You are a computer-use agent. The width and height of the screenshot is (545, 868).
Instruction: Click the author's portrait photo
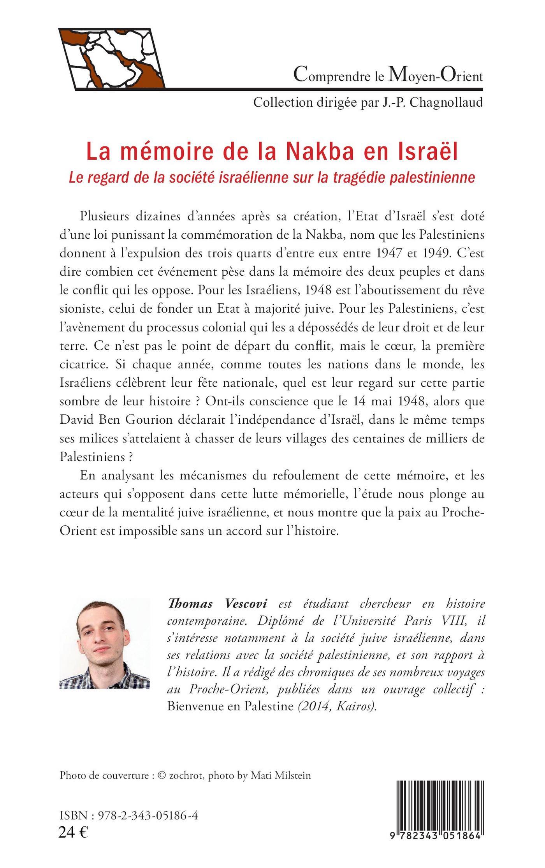coord(104,643)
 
